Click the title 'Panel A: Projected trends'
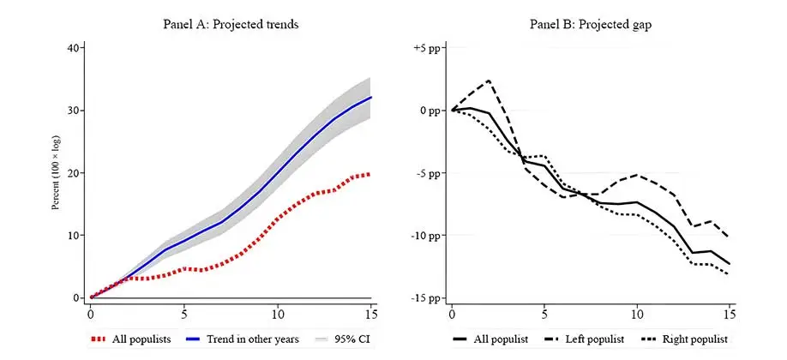coord(231,24)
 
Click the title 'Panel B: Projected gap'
coord(592,24)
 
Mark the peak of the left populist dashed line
coord(489,81)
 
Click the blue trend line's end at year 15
coord(370,97)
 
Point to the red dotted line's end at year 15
coord(370,174)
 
